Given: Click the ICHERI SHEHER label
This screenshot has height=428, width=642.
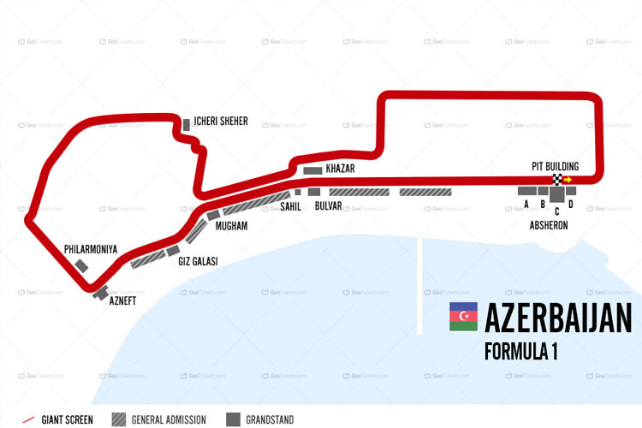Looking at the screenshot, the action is [x=221, y=122].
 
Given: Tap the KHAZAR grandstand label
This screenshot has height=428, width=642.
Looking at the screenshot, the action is [x=340, y=169].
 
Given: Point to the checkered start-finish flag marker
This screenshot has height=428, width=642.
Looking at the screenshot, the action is [x=557, y=180].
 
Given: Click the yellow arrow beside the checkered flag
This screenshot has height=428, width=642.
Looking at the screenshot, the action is [x=568, y=180].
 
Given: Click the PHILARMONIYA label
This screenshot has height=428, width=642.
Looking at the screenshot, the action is [x=90, y=249].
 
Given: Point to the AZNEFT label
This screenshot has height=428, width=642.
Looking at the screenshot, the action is [x=122, y=300].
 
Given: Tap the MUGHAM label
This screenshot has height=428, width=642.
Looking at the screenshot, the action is [x=231, y=226].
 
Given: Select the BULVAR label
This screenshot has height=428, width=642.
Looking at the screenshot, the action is [x=329, y=206].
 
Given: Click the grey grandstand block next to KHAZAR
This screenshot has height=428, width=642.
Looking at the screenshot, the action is [x=312, y=169].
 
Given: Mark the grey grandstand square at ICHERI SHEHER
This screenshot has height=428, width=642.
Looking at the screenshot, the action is [x=186, y=125].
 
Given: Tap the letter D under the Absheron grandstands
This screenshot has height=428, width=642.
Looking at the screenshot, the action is [x=571, y=205].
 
